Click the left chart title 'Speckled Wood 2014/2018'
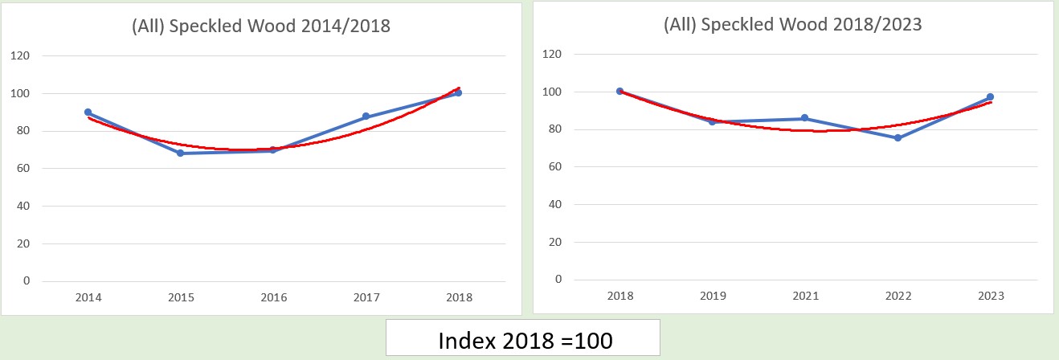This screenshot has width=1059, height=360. pos(260,26)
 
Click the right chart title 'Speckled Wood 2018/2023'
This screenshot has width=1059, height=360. pos(792,24)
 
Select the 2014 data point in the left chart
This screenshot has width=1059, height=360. pos(88,112)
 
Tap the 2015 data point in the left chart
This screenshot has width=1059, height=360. pos(181,153)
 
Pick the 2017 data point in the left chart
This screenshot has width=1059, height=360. pos(366,117)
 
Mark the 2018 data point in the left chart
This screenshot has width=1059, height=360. pos(458,93)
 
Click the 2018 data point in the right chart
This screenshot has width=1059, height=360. pos(619,91)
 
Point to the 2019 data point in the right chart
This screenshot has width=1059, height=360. pos(712,121)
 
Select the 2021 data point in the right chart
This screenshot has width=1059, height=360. pos(804,118)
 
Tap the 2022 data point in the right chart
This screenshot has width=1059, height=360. pos(897,138)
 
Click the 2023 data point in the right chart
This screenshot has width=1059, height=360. pos(990,97)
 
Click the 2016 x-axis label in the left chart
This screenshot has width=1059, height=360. pos(273,297)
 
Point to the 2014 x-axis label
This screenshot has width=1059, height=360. pos(88,297)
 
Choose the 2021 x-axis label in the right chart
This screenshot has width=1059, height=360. pos(804,296)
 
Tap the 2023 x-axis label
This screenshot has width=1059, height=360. pos(990,296)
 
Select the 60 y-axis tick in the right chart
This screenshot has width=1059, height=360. pos(553,167)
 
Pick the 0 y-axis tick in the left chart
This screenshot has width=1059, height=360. pos(27,281)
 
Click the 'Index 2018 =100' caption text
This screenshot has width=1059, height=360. pos(525,340)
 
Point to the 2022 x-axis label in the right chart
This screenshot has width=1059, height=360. pos(897,296)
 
